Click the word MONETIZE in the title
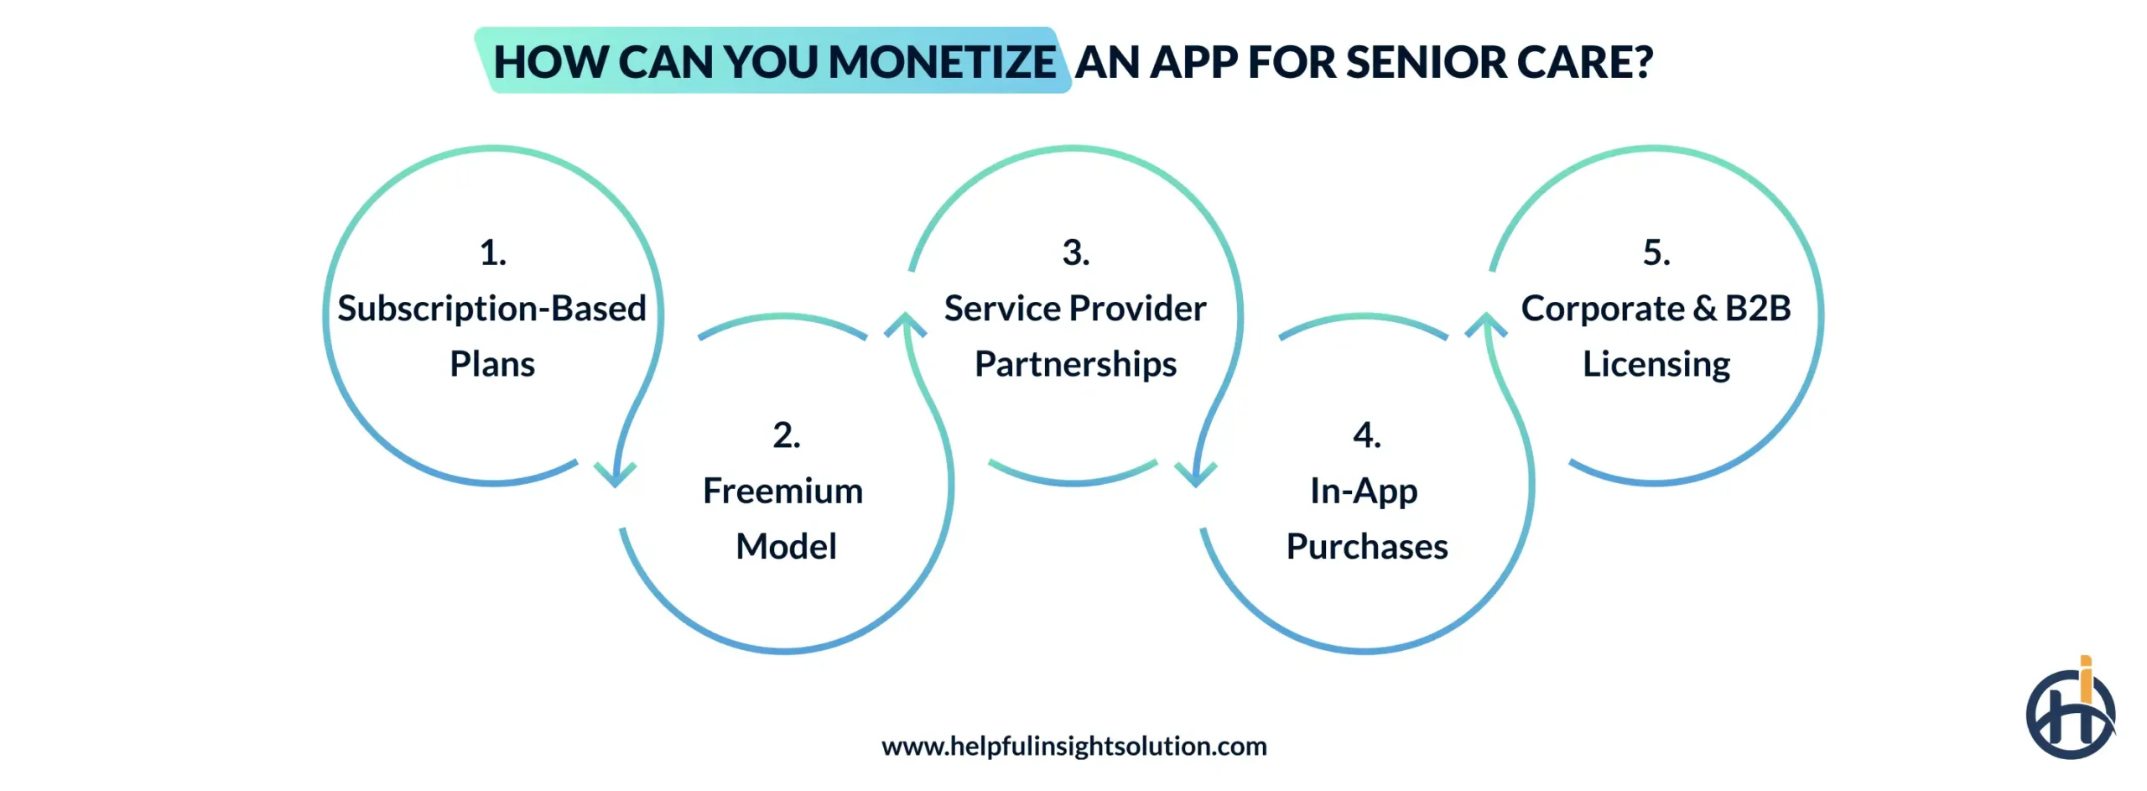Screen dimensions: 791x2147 click(x=941, y=62)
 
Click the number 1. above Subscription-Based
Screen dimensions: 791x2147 click(x=492, y=252)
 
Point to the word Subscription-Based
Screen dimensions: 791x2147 click(x=491, y=309)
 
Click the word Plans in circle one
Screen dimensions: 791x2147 click(x=492, y=364)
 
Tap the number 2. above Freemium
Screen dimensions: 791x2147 click(x=786, y=435)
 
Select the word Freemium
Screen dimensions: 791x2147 click(x=782, y=491)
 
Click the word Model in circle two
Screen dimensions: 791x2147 click(x=786, y=547)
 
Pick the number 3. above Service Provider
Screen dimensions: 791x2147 click(x=1075, y=252)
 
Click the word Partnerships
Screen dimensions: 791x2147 click(x=1075, y=364)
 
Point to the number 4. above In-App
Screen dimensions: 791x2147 click(x=1366, y=435)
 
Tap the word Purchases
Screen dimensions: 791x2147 click(x=1366, y=547)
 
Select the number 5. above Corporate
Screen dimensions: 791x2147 click(x=1656, y=252)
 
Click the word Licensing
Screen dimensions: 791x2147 click(x=1656, y=364)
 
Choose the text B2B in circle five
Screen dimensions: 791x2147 click(x=1757, y=309)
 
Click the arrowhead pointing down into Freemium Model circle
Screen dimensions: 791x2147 click(x=615, y=475)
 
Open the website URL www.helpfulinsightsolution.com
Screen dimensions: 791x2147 click(x=1073, y=746)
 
